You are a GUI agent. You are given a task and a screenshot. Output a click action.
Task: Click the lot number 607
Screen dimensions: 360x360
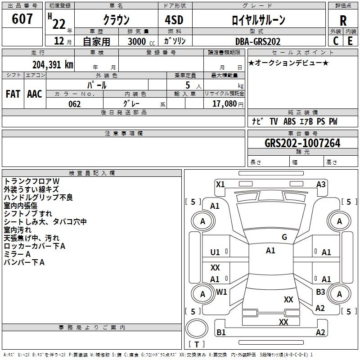[22, 19]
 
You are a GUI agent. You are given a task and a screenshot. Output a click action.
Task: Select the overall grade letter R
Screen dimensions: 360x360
[343, 21]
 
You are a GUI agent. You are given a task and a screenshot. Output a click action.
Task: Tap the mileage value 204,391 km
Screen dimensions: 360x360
[53, 64]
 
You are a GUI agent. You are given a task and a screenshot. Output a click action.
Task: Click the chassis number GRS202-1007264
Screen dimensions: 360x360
[302, 143]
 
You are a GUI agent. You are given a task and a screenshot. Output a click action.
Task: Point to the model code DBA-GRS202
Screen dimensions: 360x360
[258, 41]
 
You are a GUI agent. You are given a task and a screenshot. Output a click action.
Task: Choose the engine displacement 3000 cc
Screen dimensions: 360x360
[141, 41]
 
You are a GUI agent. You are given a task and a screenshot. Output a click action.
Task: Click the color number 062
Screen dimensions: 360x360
[74, 104]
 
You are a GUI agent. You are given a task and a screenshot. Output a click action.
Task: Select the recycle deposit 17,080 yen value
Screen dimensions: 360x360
[228, 104]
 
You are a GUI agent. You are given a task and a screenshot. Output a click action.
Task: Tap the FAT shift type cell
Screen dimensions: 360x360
[13, 94]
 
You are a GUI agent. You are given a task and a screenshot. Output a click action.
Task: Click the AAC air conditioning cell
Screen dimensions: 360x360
[35, 94]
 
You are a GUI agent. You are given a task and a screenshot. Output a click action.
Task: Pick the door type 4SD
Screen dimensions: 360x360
[174, 20]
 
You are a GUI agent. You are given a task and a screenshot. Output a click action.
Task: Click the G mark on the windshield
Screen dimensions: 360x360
[284, 237]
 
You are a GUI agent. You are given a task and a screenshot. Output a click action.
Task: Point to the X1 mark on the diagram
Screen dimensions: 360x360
[220, 184]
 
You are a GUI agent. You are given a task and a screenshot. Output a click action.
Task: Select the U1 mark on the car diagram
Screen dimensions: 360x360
[215, 252]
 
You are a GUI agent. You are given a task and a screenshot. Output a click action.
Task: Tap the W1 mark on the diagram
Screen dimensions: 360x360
[221, 292]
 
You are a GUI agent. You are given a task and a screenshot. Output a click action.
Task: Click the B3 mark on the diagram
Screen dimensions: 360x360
[320, 292]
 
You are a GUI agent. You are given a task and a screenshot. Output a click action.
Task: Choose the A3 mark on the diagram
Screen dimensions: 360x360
[321, 184]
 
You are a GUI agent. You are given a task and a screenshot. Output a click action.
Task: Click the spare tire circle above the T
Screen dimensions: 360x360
[197, 328]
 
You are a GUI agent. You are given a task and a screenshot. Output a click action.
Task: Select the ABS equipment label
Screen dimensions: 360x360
[289, 121]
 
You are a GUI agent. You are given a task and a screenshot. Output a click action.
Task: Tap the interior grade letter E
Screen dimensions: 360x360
[350, 41]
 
